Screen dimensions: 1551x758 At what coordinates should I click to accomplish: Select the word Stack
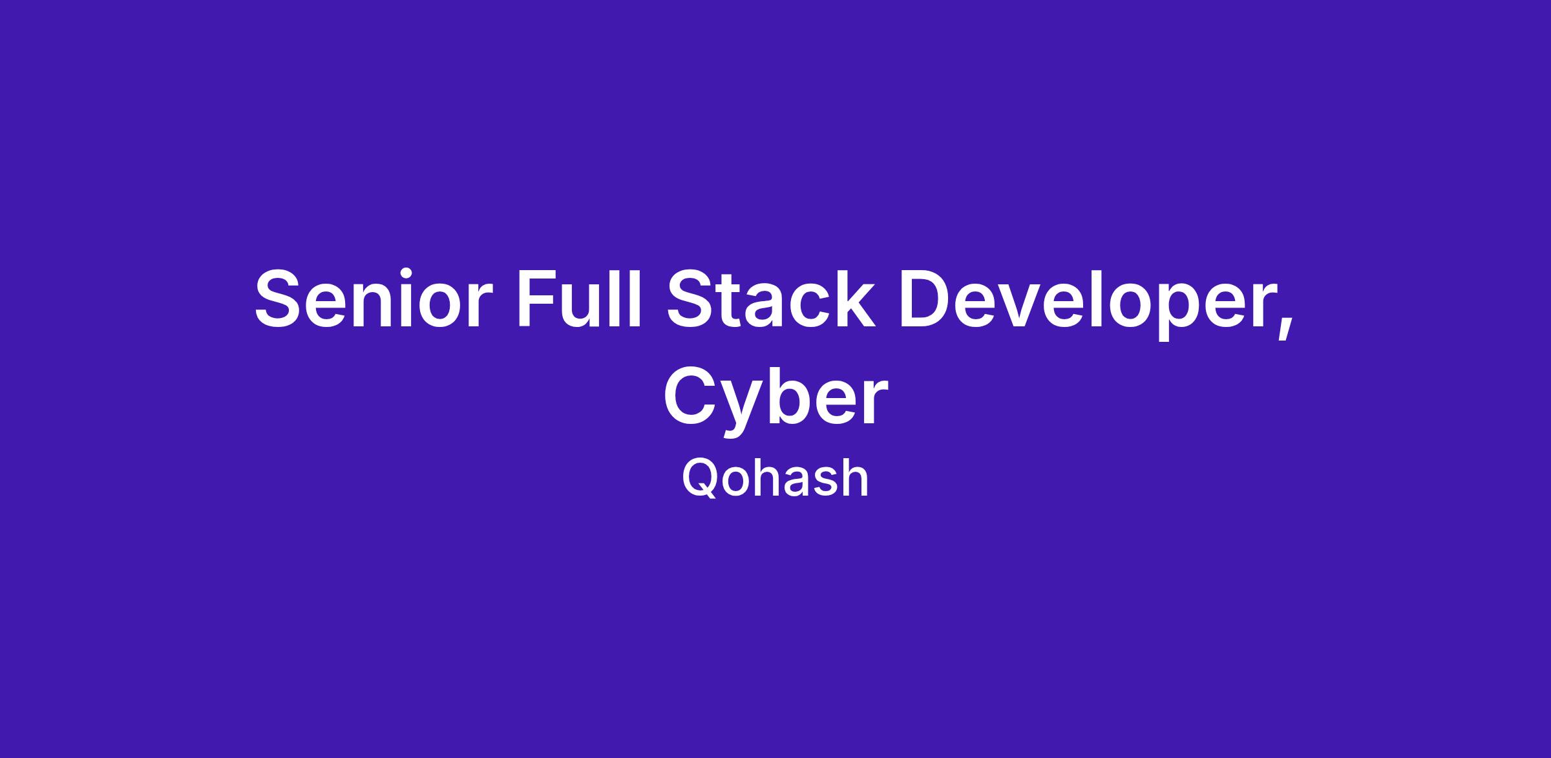pyautogui.click(x=770, y=298)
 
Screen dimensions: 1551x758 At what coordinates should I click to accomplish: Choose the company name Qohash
pyautogui.click(x=775, y=478)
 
